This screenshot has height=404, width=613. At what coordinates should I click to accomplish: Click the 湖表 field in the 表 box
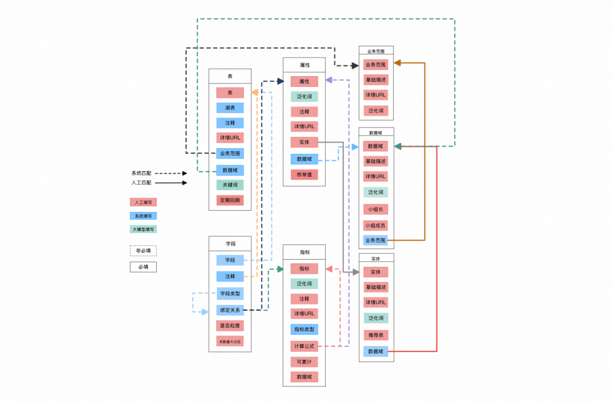(230, 107)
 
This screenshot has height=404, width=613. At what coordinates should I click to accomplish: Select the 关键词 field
(230, 185)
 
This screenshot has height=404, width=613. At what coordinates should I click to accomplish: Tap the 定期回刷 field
(230, 200)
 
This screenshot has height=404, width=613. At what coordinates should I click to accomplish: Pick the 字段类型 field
(230, 293)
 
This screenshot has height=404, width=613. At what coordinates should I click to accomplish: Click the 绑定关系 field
(230, 310)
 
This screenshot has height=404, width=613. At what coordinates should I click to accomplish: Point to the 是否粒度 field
(230, 326)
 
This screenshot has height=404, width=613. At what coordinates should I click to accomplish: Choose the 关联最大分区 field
(230, 341)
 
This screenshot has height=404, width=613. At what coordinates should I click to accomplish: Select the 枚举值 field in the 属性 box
(304, 174)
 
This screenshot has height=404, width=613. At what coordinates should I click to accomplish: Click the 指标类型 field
(304, 329)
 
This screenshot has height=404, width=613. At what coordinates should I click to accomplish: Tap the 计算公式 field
(304, 346)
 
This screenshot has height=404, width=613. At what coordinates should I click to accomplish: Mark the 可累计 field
(304, 361)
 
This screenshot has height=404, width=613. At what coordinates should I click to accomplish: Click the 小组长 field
(376, 209)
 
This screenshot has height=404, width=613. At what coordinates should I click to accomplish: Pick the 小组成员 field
(376, 225)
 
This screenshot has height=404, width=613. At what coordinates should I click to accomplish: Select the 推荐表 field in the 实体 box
(376, 335)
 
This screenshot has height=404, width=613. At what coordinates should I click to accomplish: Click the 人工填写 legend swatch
(143, 202)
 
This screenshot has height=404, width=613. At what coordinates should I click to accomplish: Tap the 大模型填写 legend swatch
(143, 230)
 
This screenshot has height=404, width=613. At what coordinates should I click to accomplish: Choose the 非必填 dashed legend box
(143, 250)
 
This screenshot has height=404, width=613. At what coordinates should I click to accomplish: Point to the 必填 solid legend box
(143, 266)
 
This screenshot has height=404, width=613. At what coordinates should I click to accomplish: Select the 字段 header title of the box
(230, 243)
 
